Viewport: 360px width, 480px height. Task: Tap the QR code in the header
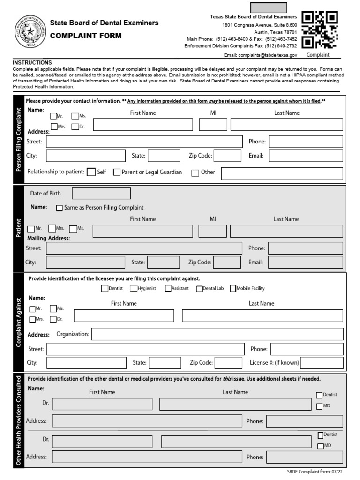(x=320, y=30)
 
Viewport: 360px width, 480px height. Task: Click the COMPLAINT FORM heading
(x=86, y=36)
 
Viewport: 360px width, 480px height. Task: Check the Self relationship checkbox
(x=91, y=172)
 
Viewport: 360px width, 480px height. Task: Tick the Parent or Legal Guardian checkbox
(x=117, y=172)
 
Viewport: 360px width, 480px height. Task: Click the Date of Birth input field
(x=101, y=193)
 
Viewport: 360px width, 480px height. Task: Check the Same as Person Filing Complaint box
(x=60, y=208)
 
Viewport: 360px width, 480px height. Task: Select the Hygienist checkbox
(x=134, y=289)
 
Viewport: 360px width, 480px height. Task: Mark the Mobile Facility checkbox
(x=233, y=289)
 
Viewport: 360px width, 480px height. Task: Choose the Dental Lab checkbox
(x=199, y=289)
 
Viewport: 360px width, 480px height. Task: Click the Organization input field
(x=217, y=334)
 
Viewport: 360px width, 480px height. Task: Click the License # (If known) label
(x=274, y=362)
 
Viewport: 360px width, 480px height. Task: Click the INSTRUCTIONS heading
(x=32, y=62)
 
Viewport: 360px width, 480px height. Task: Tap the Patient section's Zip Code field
(x=227, y=262)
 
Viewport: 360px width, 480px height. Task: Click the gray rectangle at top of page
(x=269, y=7)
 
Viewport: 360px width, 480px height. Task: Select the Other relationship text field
(x=282, y=173)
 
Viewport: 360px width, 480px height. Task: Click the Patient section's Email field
(x=305, y=262)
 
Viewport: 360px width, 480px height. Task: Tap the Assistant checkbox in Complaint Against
(x=168, y=289)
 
